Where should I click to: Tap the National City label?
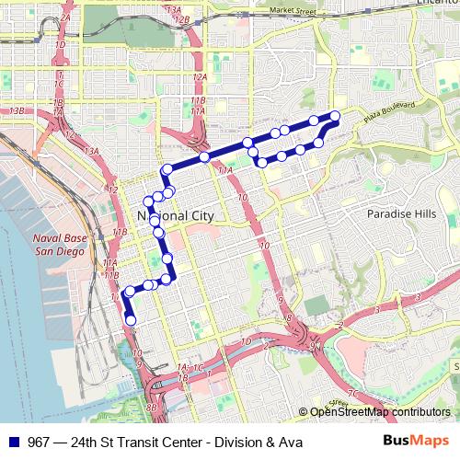pos(175,214)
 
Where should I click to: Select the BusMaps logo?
pos(422,441)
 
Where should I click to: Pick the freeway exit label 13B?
pos(16,110)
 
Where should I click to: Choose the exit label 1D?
pos(60,45)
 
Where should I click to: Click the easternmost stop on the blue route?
pos(335,115)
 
